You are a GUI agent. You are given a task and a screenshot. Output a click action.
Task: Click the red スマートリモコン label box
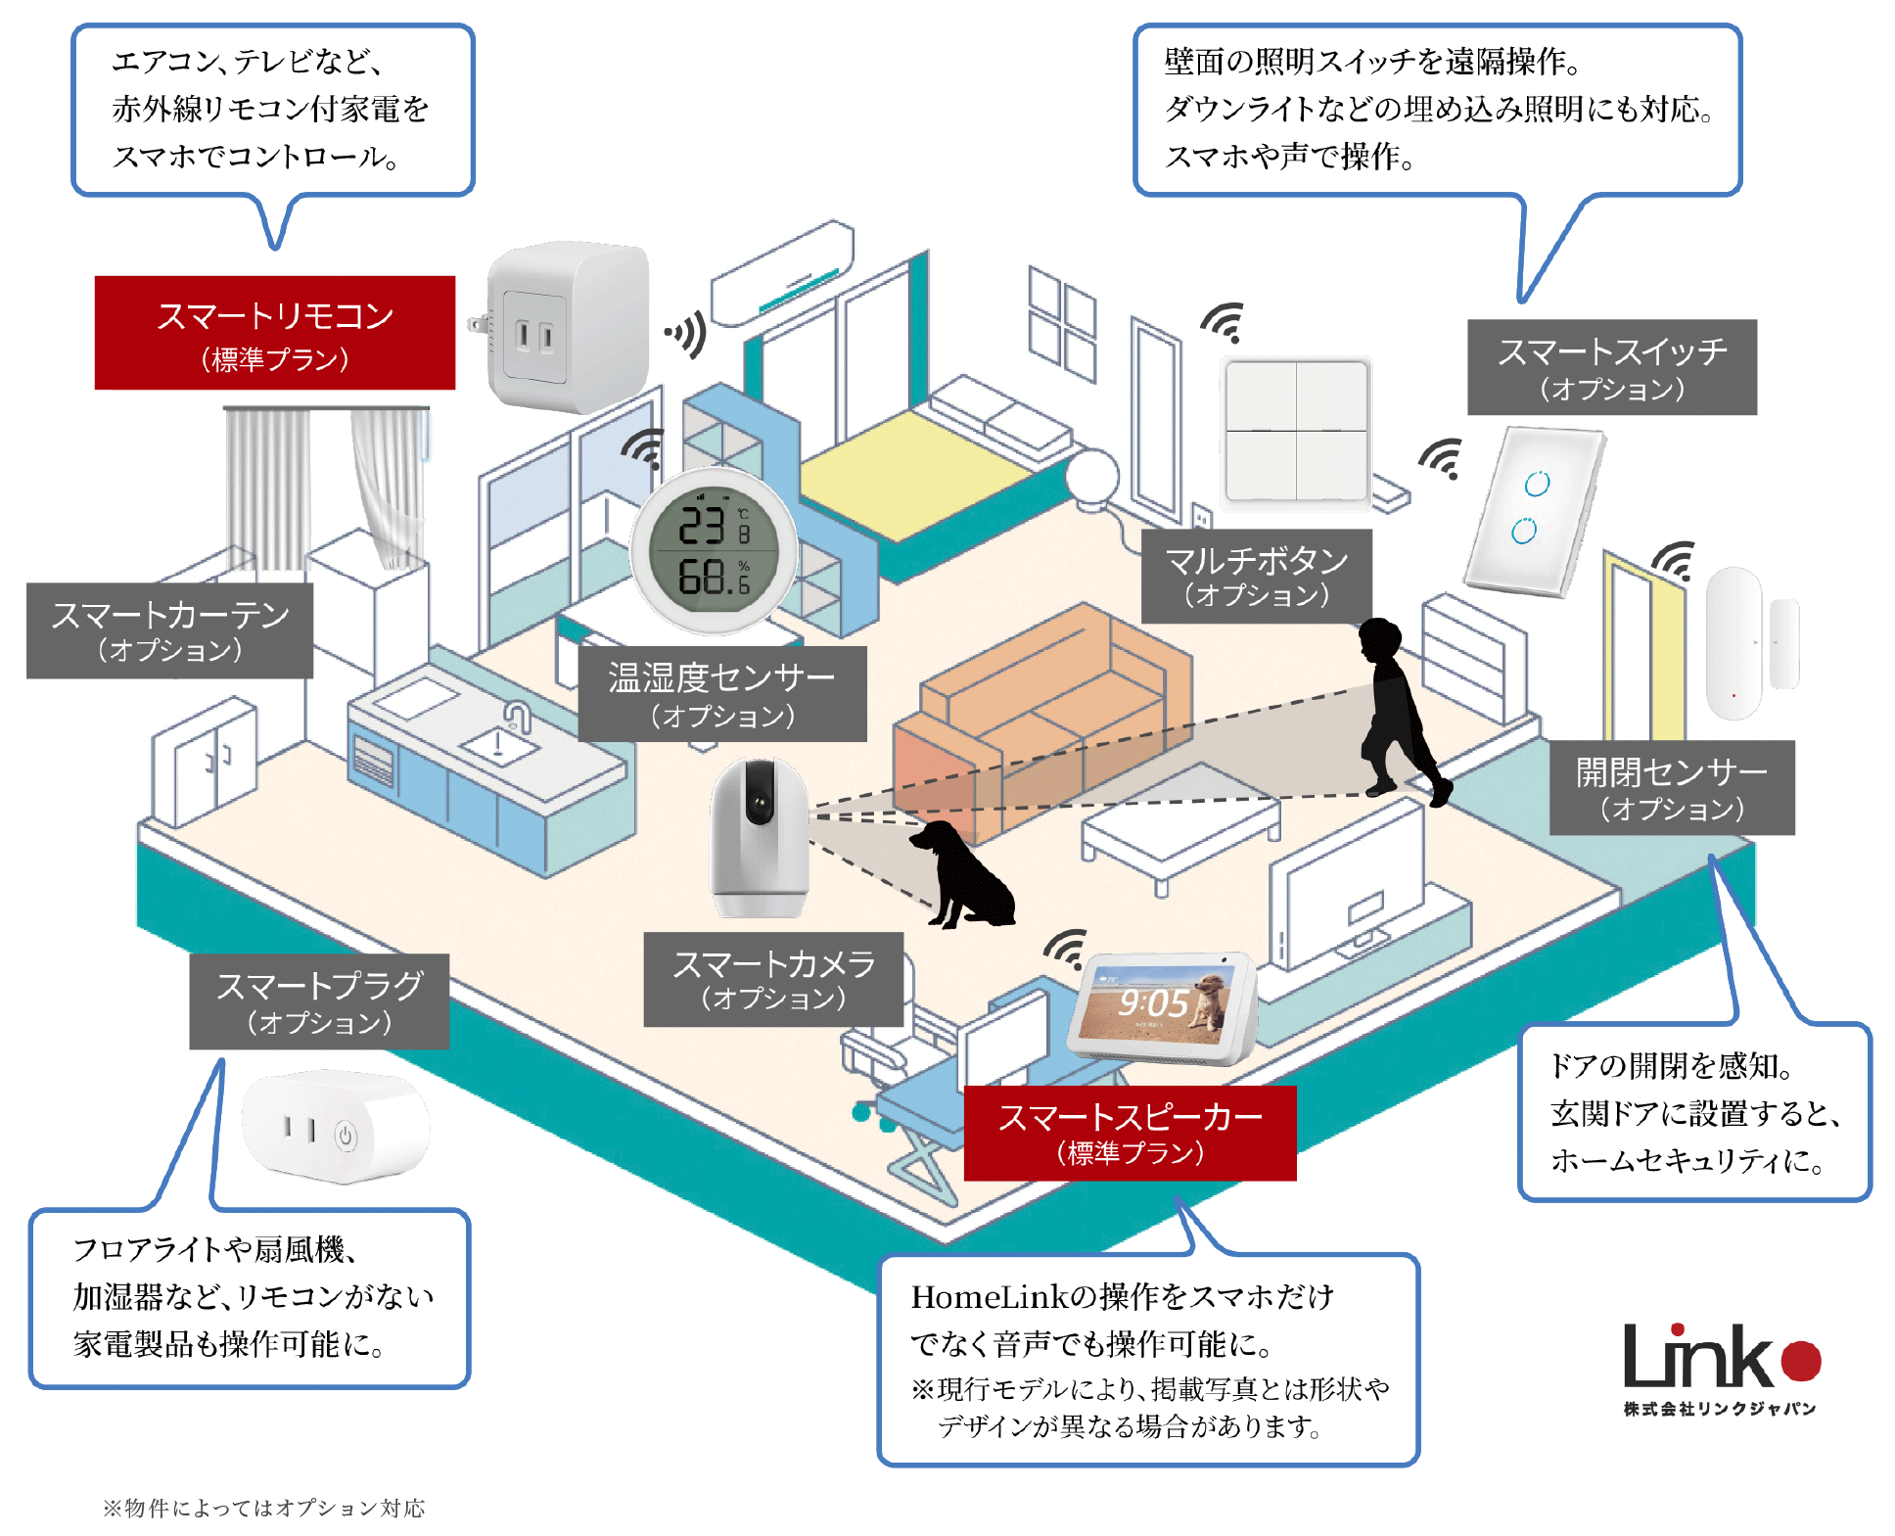274,333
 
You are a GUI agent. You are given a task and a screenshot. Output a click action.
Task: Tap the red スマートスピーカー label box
1130,1133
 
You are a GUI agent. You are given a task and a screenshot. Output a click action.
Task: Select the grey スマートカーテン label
169,630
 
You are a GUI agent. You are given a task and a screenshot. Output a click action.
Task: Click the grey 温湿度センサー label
721,693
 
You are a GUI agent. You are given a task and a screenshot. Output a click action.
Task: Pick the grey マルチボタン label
1256,576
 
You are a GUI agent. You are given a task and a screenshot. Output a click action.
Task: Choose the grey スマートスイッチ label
1611,367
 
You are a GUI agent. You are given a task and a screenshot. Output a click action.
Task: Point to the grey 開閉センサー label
1671,787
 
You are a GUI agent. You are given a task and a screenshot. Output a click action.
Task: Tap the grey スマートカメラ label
772,979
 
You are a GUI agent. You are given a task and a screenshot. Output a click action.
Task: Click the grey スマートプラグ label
319,1001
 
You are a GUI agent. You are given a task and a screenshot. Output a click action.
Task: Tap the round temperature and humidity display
715,551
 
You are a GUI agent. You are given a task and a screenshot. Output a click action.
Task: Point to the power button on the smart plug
345,1136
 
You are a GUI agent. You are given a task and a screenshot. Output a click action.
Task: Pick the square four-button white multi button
1297,431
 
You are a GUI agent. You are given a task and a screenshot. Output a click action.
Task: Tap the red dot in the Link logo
1800,1360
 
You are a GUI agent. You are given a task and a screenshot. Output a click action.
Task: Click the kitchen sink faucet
517,720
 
